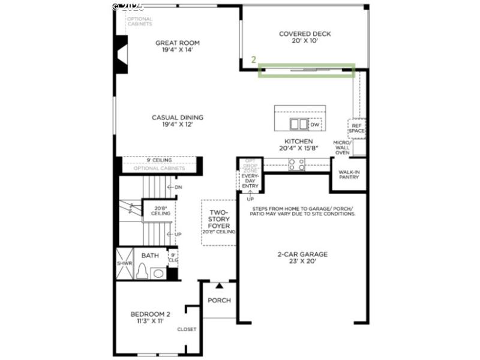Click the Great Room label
click(178, 46)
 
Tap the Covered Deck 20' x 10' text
click(305, 38)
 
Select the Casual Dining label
click(178, 121)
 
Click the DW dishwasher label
click(314, 125)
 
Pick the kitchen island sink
click(298, 124)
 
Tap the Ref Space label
click(357, 128)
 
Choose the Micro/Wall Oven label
click(359, 147)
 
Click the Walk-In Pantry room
click(349, 174)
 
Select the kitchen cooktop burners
click(297, 164)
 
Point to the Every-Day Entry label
click(250, 181)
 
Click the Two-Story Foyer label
click(218, 222)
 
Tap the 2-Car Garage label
click(302, 258)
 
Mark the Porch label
click(218, 301)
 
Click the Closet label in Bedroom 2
click(186, 329)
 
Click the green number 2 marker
click(254, 61)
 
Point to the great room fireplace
click(122, 55)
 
